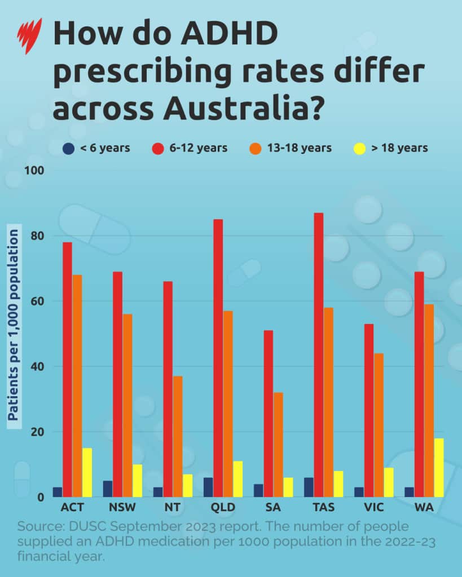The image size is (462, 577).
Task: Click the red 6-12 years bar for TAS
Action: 319,355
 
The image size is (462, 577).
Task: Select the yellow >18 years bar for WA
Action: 439,468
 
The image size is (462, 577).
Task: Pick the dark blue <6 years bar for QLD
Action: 208,487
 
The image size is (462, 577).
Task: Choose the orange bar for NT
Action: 178,437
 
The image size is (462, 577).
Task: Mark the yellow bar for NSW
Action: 138,481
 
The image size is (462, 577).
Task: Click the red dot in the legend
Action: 159,149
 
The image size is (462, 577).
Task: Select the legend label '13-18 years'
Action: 299,148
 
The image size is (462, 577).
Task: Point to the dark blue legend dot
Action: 68,149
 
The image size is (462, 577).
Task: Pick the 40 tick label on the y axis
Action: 37,366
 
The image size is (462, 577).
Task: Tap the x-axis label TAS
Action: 323,508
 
